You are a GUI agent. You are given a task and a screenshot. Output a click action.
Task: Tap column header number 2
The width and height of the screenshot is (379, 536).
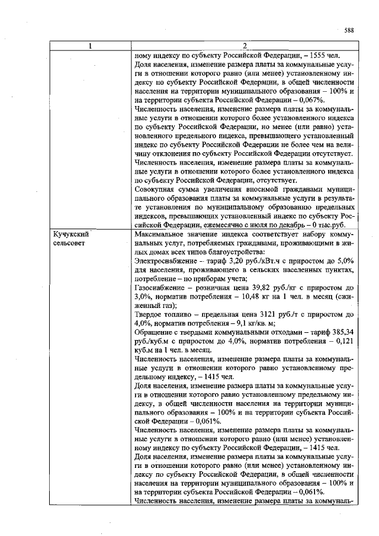(x=244, y=46)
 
